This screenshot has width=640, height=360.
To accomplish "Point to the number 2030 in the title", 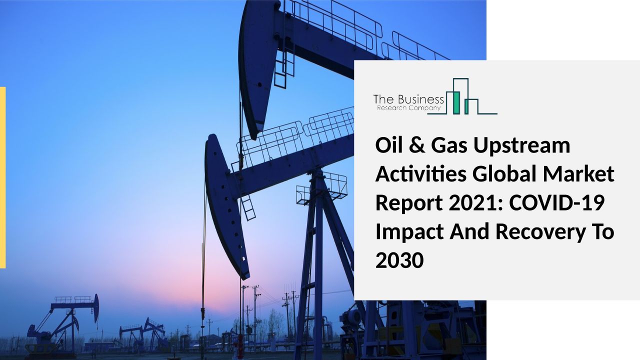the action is [x=399, y=260].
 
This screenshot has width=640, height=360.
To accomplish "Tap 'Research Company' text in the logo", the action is [x=408, y=108].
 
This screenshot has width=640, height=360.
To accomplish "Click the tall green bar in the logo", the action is [x=456, y=103].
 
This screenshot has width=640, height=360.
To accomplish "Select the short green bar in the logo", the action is [x=466, y=106].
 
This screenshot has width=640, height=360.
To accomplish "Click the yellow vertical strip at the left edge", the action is [x=2, y=177].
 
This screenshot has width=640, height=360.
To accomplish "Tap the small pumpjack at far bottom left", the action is [x=61, y=325].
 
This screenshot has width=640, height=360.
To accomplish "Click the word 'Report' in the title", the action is [x=409, y=204].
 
